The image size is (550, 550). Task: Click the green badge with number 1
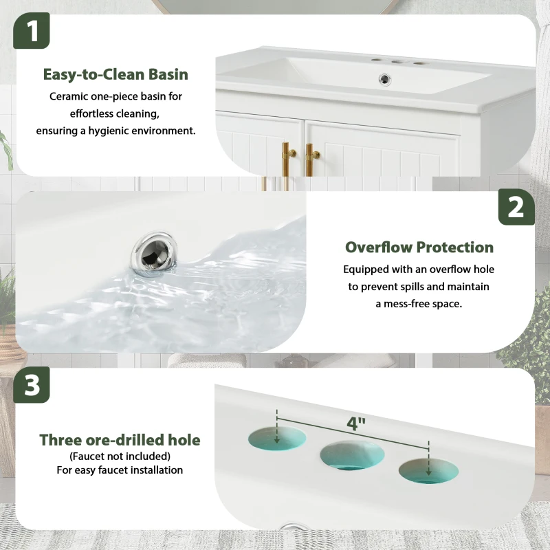pos(32,31)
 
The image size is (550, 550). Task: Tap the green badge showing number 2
pos(516,207)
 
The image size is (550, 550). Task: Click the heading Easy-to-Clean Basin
pos(115,74)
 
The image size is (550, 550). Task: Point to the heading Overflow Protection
pos(419,247)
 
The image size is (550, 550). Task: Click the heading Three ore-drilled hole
pos(120,439)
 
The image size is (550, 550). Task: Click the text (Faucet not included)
pos(120,456)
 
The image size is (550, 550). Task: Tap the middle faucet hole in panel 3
pos(351,454)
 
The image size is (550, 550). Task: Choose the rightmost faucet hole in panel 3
pos(427,470)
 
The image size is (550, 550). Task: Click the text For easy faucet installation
pos(120,470)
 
